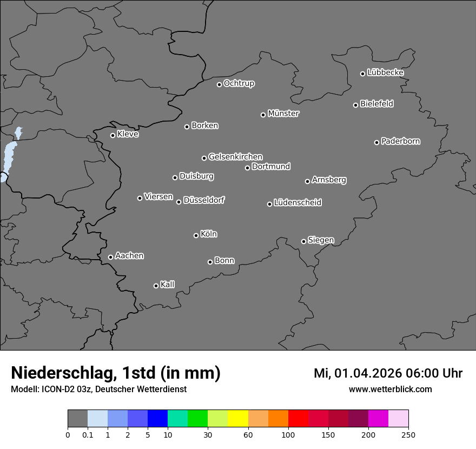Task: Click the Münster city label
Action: [x=283, y=114]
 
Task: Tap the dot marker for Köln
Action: [x=196, y=235]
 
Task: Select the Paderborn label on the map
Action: [x=401, y=141]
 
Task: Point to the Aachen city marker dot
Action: [x=110, y=257]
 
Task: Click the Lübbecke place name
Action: [x=386, y=72]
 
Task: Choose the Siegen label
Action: [x=321, y=240]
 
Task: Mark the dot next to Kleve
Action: [x=113, y=135]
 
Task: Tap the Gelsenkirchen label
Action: [x=235, y=157]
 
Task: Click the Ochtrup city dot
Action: [x=219, y=84]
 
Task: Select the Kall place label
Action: [x=168, y=285]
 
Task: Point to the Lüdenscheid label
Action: [x=297, y=203]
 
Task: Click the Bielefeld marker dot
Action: [x=355, y=105]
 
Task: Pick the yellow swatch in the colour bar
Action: [x=238, y=419]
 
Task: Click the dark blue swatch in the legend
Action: [x=157, y=419]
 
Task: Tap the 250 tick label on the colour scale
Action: [x=408, y=434]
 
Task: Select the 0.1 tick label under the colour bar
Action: [x=88, y=434]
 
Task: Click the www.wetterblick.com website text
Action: [x=390, y=389]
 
